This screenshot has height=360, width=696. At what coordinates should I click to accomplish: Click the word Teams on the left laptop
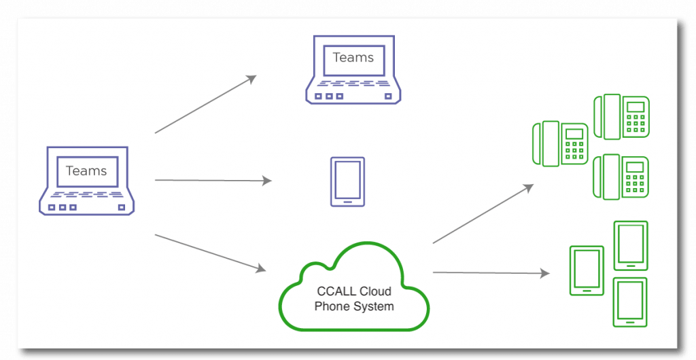(x=86, y=171)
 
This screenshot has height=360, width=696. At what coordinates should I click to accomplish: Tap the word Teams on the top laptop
(x=353, y=58)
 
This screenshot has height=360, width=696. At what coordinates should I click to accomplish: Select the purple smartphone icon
(x=347, y=181)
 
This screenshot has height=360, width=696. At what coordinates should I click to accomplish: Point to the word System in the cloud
(x=372, y=306)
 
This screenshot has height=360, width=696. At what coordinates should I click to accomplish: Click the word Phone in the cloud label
(x=332, y=306)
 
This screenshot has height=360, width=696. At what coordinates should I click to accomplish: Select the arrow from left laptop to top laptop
(x=205, y=104)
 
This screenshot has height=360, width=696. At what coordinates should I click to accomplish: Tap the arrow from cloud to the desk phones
(x=483, y=213)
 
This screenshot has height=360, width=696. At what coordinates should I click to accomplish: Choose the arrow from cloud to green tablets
(x=491, y=273)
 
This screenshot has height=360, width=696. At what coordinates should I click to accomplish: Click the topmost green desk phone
(x=621, y=117)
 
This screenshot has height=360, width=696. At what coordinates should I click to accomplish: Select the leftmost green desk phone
(x=559, y=143)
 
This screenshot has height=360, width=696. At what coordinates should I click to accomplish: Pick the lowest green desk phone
(x=621, y=177)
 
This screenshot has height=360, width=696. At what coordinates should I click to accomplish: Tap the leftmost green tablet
(x=586, y=270)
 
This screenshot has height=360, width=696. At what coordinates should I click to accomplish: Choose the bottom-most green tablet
(x=630, y=302)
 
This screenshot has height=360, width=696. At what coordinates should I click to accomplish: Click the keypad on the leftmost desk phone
(x=575, y=151)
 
